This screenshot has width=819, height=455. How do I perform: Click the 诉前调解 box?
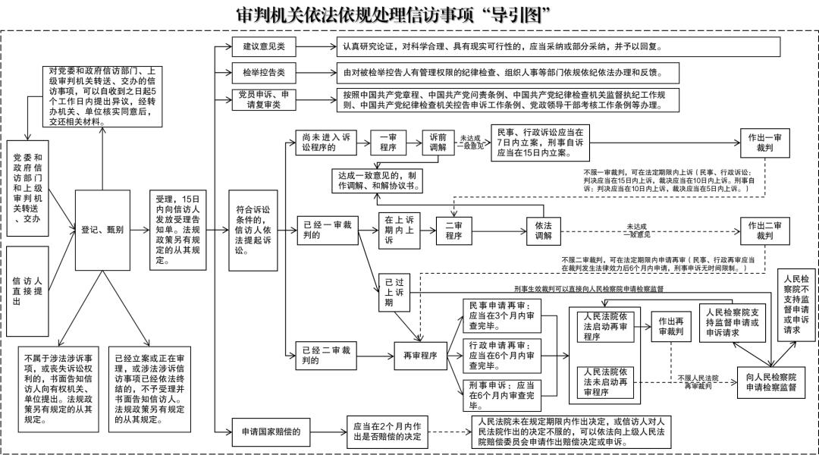[x=438, y=142]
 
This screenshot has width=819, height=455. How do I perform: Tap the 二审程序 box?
[x=453, y=231]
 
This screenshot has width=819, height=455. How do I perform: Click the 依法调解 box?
[x=543, y=231]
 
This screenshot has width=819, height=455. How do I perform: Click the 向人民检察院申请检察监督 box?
[x=770, y=381]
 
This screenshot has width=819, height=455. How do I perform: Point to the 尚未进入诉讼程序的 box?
[x=324, y=142]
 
